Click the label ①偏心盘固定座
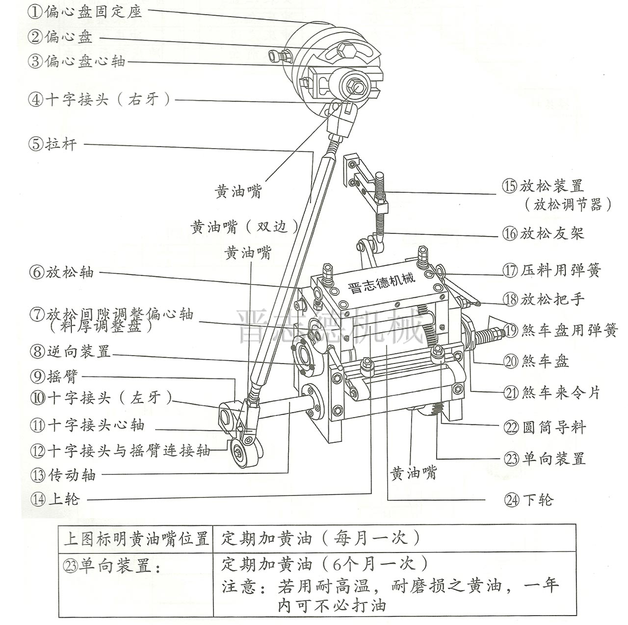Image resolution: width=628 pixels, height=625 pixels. coord(85,12)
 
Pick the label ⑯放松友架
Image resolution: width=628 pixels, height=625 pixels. coord(544,233)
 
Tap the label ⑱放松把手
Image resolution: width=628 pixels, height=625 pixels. coord(544,299)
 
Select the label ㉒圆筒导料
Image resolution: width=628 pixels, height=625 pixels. coord(545,428)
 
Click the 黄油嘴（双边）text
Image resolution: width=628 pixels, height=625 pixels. coord(245,227)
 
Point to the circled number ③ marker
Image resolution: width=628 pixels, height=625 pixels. coord(34,62)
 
